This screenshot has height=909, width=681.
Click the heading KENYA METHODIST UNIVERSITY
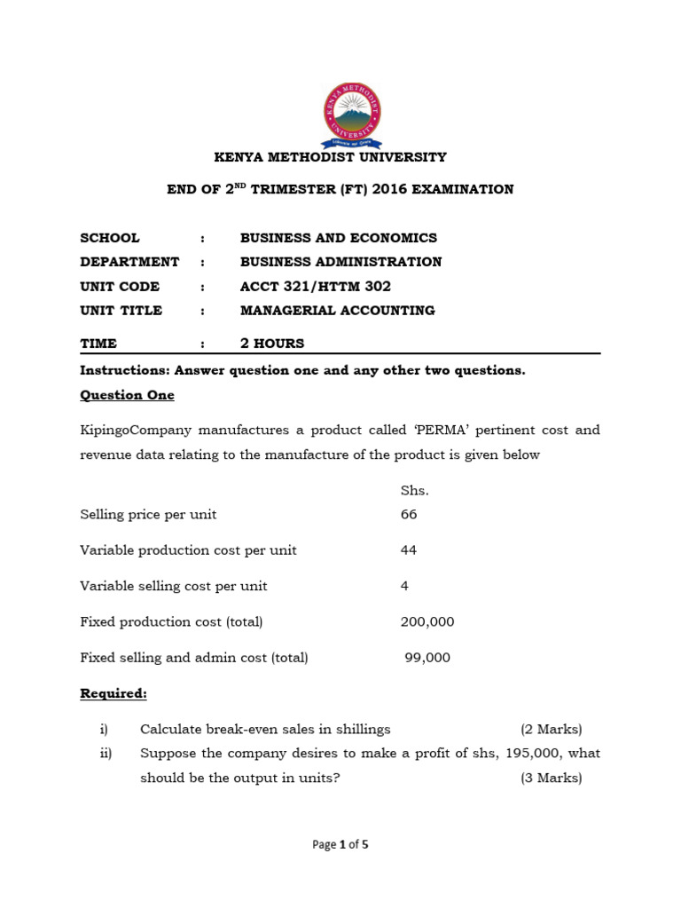pyautogui.click(x=331, y=157)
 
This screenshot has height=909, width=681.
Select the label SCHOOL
pyautogui.click(x=110, y=238)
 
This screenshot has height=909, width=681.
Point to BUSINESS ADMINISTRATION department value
pyautogui.click(x=340, y=262)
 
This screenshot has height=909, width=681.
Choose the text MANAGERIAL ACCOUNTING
pyautogui.click(x=337, y=311)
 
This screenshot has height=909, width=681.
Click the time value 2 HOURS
pyautogui.click(x=272, y=344)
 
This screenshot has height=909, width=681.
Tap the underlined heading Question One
pyautogui.click(x=127, y=395)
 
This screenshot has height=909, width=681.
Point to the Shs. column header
pyautogui.click(x=415, y=490)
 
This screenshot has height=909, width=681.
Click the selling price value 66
pyautogui.click(x=409, y=515)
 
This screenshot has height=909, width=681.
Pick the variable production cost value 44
pyautogui.click(x=409, y=550)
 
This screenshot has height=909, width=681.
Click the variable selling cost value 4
pyautogui.click(x=405, y=586)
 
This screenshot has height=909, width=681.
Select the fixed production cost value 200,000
pyautogui.click(x=427, y=622)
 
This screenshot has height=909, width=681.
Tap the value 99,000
pyautogui.click(x=427, y=658)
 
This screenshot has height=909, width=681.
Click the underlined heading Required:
pyautogui.click(x=113, y=693)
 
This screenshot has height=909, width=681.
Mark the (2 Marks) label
pyautogui.click(x=551, y=730)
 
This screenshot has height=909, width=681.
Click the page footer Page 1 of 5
pyautogui.click(x=340, y=845)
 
